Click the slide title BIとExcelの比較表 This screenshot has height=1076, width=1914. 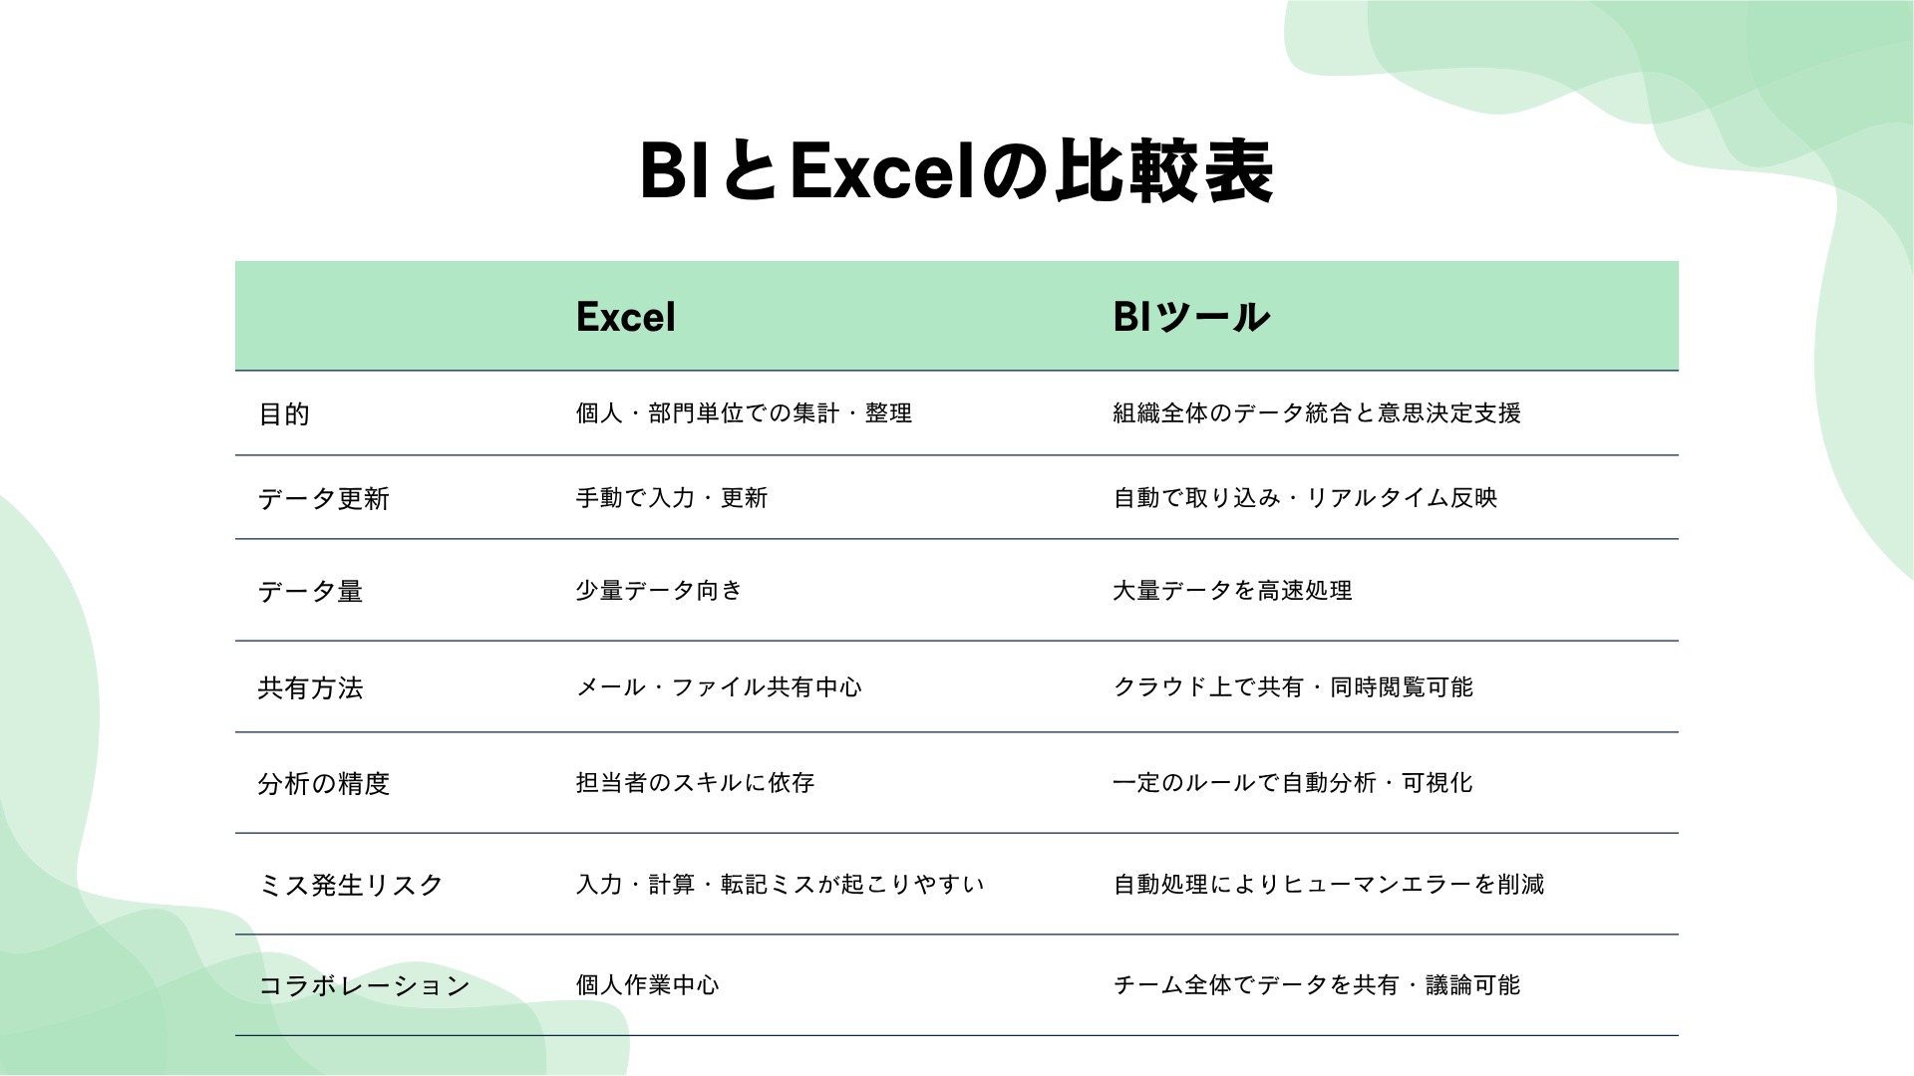(956, 171)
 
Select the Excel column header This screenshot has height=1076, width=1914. (625, 317)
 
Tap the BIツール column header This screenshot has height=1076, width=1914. (1190, 317)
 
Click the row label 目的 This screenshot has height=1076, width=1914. (284, 413)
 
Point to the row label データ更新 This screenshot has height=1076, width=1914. (323, 498)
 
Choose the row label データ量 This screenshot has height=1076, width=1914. (310, 591)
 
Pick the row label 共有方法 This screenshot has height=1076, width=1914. (310, 687)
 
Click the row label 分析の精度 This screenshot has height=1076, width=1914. (323, 783)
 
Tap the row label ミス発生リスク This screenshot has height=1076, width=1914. (350, 885)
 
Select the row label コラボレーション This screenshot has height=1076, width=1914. (364, 985)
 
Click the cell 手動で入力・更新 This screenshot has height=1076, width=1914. (671, 497)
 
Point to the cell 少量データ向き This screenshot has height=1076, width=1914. (659, 590)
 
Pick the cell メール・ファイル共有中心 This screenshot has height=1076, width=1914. (719, 686)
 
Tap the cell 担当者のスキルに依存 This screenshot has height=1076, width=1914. (695, 782)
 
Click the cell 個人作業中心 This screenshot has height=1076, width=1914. (647, 984)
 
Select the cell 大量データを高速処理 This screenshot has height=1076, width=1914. (1232, 590)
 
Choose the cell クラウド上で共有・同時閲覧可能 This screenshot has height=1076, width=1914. (1293, 686)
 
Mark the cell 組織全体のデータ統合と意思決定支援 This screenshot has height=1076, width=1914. (1317, 412)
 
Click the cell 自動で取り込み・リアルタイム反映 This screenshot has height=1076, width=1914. (1305, 497)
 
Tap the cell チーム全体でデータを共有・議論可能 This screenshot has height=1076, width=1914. (1317, 984)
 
